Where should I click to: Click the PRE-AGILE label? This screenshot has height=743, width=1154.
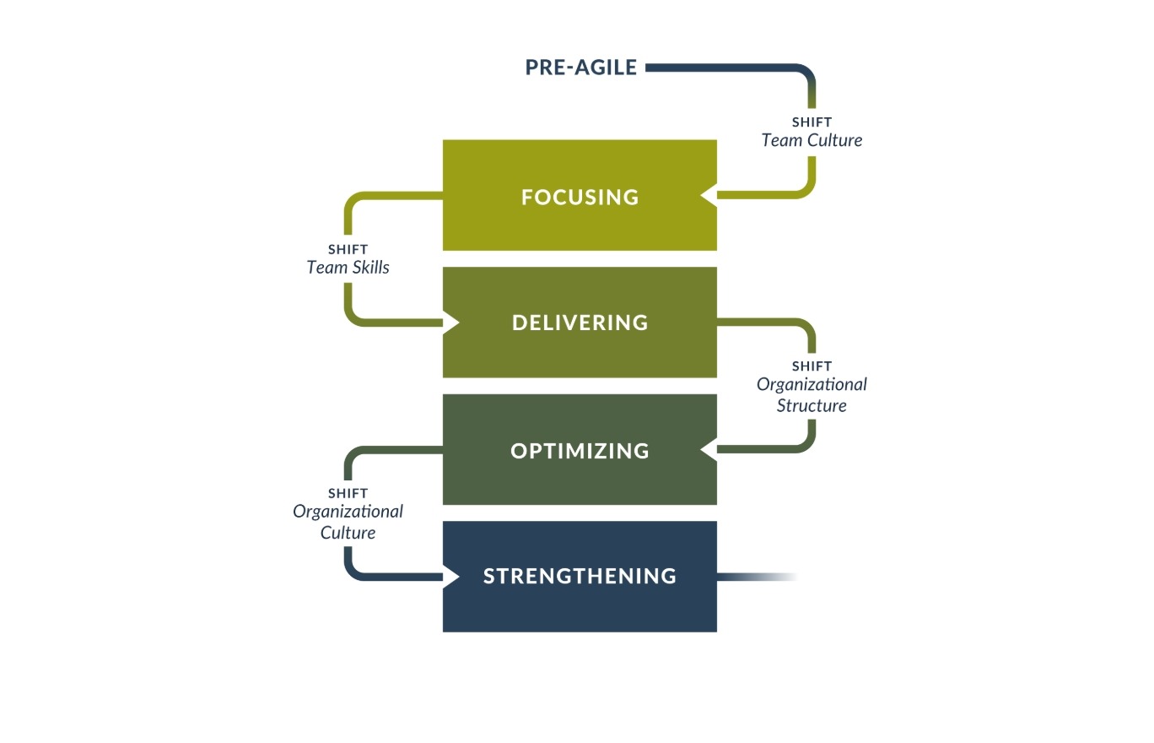tap(580, 68)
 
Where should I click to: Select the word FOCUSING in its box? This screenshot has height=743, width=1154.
tap(580, 197)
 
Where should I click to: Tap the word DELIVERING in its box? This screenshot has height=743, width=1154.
tap(580, 323)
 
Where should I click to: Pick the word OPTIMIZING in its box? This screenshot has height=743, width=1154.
tap(580, 451)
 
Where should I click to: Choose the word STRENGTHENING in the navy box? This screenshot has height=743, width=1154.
tap(580, 576)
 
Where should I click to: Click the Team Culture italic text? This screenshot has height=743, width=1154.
tap(812, 140)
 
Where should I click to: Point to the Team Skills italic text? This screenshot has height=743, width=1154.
tap(348, 268)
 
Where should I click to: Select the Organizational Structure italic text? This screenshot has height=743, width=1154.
tap(812, 394)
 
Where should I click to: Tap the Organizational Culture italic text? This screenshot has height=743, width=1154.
tap(348, 522)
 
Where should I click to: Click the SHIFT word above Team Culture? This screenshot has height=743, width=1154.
tap(812, 122)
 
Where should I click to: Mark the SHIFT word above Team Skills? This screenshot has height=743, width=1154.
tap(348, 250)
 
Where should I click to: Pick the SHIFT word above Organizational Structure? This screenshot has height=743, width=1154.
tap(812, 366)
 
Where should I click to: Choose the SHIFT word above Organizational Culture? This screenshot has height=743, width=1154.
tap(348, 493)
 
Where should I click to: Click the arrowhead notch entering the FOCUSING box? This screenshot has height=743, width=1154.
tap(708, 196)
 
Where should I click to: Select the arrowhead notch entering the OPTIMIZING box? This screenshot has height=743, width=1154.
tap(708, 451)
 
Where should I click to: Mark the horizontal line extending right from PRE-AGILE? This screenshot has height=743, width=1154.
tap(717, 68)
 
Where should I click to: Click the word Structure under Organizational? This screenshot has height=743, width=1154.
tap(812, 405)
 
